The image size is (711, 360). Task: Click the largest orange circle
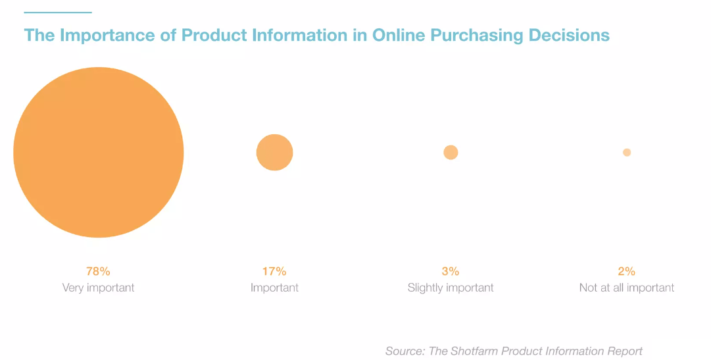tap(99, 153)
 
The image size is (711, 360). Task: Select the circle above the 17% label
tap(275, 153)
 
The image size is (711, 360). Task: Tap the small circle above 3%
tap(451, 153)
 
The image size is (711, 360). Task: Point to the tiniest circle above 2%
tap(627, 153)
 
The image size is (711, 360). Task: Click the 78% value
tap(99, 271)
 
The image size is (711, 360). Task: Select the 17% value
tap(274, 271)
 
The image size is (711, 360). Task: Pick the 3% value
tap(451, 271)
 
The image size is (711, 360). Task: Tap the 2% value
tap(627, 271)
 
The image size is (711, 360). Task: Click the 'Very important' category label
tap(99, 288)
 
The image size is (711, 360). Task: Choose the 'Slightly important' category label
tap(451, 288)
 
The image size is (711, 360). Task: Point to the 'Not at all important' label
tap(627, 288)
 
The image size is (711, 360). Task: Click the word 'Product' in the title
tap(214, 36)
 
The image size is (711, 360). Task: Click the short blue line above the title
tap(58, 13)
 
